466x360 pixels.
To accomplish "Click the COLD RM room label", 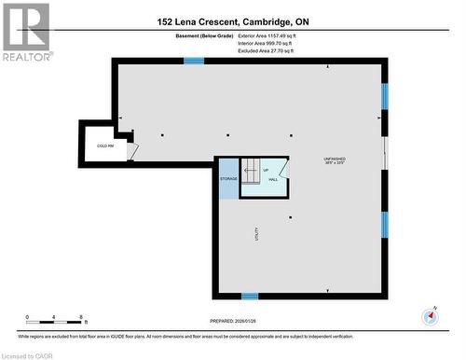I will [x=104, y=146].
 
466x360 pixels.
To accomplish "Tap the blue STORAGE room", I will [x=228, y=178].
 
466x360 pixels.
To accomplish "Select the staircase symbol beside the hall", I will [x=252, y=171].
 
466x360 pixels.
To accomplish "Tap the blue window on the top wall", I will [x=194, y=61].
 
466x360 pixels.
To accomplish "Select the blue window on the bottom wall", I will [x=250, y=296].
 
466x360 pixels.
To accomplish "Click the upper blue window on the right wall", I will [x=384, y=97].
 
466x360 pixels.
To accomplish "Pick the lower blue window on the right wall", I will [x=384, y=224].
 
